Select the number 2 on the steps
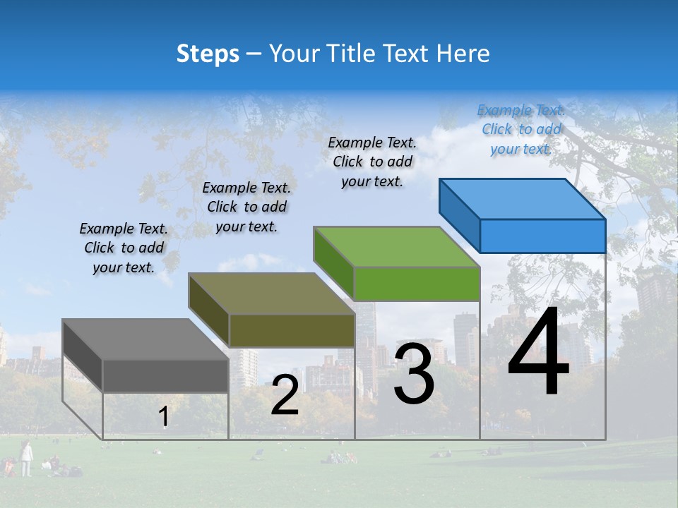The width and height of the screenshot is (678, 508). pos(285,395)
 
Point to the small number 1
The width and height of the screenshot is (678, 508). pos(163,417)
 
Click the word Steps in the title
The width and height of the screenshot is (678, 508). pos(208,54)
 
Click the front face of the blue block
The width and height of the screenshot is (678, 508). pos(542,236)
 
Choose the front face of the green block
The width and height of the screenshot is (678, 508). pos(417,284)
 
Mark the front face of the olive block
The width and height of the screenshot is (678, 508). pos(292,329)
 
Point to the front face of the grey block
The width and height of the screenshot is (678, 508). pos(166,375)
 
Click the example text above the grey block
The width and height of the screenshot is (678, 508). pos(124,248)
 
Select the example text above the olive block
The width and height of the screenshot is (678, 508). pos(246,207)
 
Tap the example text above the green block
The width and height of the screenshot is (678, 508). pos(372,162)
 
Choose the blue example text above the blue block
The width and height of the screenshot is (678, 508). pos(521,129)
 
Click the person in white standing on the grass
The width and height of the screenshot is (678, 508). pos(26,458)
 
